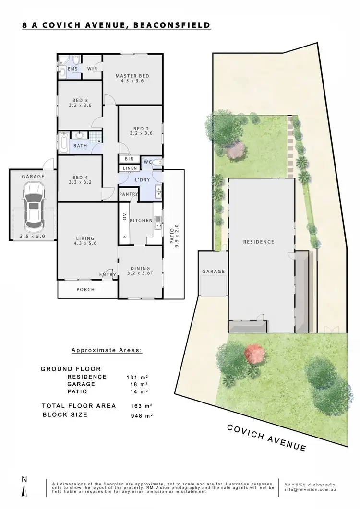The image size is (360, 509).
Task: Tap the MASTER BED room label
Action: click(132, 76)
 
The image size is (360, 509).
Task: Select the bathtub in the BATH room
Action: click(64, 142)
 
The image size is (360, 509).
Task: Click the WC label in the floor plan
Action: click(148, 162)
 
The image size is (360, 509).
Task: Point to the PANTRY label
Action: click(129, 194)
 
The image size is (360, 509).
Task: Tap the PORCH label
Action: click(85, 289)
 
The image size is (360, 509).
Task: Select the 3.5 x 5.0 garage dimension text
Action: click(33, 237)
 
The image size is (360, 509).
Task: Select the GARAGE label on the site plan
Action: click(213, 272)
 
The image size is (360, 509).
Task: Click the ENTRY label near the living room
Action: click(107, 274)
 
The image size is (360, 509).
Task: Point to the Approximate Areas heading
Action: click(107, 350)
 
